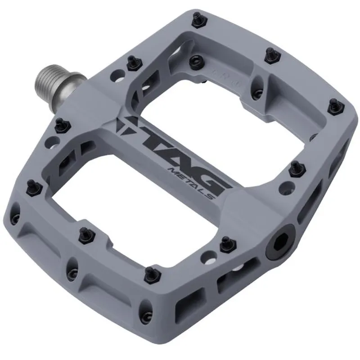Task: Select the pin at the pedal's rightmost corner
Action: coord(334,105)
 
